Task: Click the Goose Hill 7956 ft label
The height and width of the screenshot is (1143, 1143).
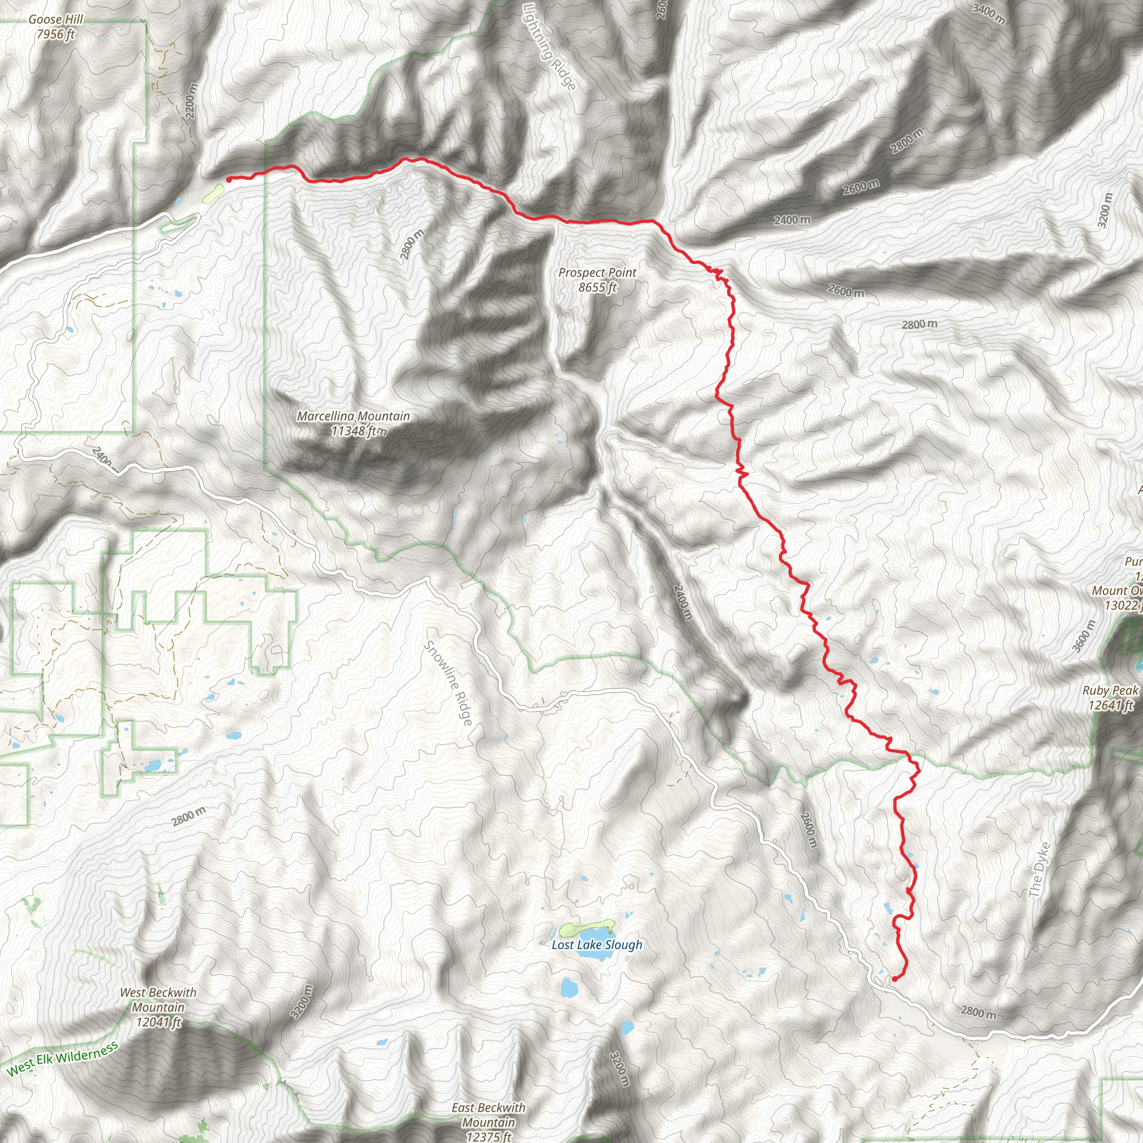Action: (56, 27)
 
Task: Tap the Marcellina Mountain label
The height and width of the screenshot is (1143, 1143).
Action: (353, 423)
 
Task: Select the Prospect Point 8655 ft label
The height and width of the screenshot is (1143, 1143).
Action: (598, 280)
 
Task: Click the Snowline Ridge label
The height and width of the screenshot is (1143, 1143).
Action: (449, 683)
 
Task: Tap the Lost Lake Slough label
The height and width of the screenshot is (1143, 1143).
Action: (597, 945)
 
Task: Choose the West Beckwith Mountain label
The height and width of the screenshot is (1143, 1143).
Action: (158, 1007)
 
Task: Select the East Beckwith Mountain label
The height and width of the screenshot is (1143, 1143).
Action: (488, 1122)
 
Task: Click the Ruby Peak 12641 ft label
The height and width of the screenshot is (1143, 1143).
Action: (1110, 698)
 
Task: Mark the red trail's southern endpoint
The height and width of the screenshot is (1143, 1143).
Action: (894, 979)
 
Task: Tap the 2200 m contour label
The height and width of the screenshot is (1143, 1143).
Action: (190, 99)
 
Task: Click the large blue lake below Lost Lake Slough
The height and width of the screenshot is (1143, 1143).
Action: (569, 987)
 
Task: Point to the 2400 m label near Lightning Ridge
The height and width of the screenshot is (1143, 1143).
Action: (792, 220)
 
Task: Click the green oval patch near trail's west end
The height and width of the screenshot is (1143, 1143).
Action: (213, 193)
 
